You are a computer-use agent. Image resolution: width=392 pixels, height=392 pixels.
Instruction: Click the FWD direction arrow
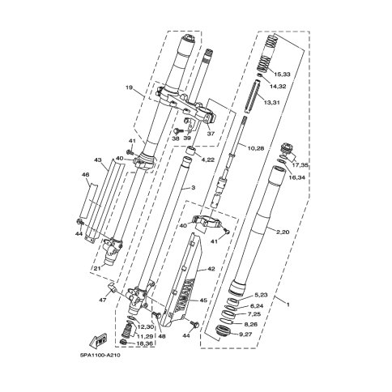pos(99,340)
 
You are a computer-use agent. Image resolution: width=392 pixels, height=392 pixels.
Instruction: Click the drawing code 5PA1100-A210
pos(100,356)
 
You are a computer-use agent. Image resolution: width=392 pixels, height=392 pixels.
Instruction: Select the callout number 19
pos(130,87)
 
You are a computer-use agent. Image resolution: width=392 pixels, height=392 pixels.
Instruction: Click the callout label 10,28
pos(255,148)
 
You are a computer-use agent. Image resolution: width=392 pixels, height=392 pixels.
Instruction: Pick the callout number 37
pos(211,134)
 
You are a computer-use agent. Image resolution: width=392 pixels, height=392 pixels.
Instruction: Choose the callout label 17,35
pos(300,165)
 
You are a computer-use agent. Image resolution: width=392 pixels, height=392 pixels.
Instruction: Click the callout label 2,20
pos(282,232)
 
